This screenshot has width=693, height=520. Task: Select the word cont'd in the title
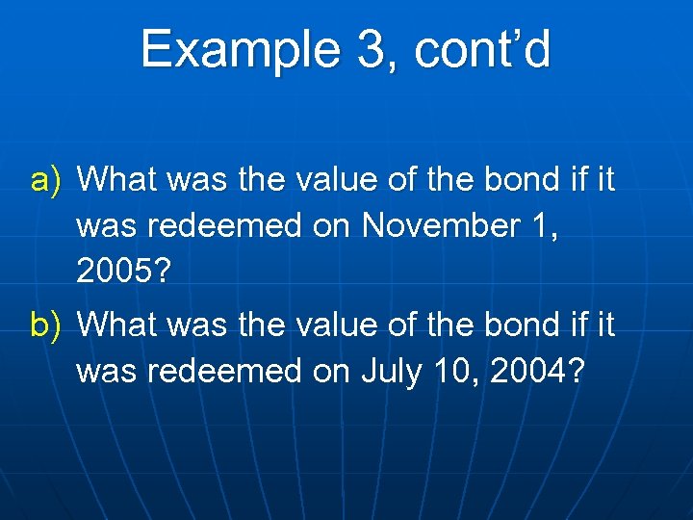pyautogui.click(x=482, y=49)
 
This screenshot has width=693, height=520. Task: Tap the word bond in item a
pyautogui.click(x=505, y=179)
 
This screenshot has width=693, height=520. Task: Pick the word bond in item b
pyautogui.click(x=505, y=325)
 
